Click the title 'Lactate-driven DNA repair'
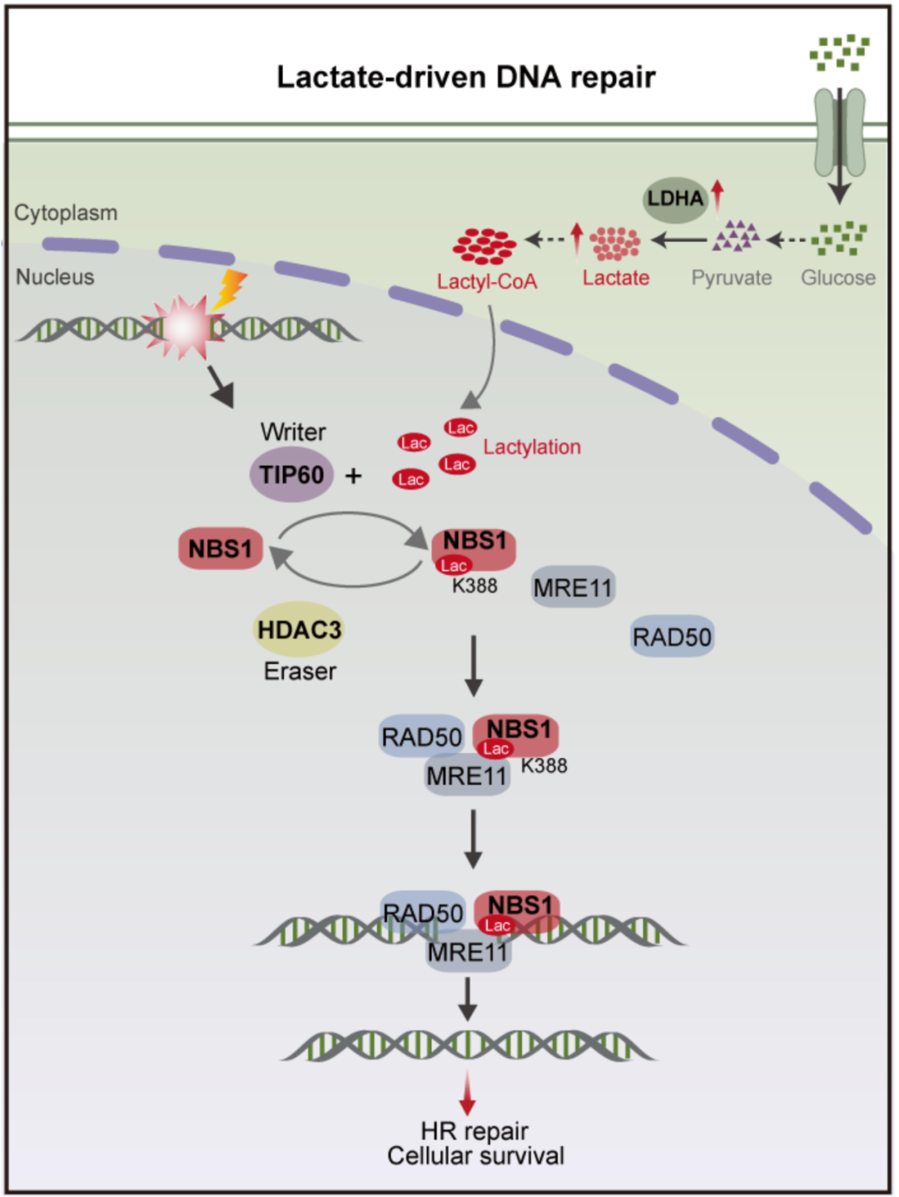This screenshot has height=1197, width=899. pos(465,77)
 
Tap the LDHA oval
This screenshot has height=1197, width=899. pos(675,199)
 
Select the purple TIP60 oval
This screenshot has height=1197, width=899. pos(291,475)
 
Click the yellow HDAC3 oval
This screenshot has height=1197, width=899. pos(299,630)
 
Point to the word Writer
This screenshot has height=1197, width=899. pos(293,432)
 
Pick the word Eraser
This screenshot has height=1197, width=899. pos(300,671)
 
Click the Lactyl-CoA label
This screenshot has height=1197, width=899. pos(487,282)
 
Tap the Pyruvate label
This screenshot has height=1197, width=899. pos(731,278)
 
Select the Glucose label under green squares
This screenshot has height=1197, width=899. pos(837,278)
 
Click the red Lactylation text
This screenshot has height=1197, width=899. pos(532,448)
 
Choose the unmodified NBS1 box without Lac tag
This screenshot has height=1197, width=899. pos(221,549)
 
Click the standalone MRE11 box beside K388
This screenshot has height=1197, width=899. pos(573,588)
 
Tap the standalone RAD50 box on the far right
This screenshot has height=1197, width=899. pos(672,637)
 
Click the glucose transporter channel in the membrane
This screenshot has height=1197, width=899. pos(839,131)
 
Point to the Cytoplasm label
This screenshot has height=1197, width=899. pos(66,213)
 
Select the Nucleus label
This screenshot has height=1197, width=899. pos(55,277)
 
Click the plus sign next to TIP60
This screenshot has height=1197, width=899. pos(354,476)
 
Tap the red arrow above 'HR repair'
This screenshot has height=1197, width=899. pos(468,1092)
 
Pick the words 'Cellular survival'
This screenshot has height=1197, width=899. pos(475,1156)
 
